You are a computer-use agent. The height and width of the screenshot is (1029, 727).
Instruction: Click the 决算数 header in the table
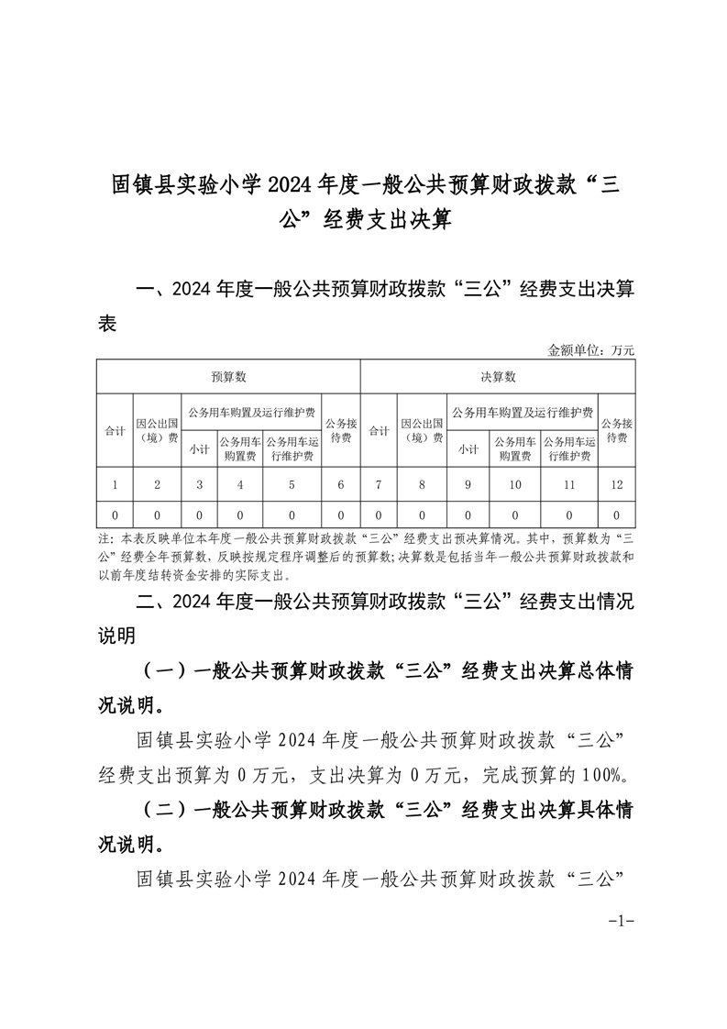click(x=498, y=376)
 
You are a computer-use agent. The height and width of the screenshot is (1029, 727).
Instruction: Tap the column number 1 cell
click(x=115, y=483)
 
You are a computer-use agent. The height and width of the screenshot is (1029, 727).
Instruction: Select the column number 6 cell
click(x=341, y=483)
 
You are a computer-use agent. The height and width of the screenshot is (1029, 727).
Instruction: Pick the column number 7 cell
click(x=379, y=483)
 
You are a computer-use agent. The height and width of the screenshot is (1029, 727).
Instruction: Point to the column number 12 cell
click(x=616, y=483)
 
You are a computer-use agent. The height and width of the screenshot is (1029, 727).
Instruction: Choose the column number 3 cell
click(x=199, y=483)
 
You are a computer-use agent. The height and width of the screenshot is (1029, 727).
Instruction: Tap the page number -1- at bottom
click(x=622, y=920)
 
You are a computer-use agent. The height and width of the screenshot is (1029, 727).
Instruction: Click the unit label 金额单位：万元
click(x=590, y=349)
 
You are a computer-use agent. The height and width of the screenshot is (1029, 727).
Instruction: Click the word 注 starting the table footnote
click(x=102, y=537)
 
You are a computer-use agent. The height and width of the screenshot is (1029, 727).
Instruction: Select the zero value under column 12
click(x=616, y=515)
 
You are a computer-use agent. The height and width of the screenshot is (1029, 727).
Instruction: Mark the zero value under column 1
click(x=115, y=515)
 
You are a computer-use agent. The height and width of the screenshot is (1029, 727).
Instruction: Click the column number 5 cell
click(x=292, y=483)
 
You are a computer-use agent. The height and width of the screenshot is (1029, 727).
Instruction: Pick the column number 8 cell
click(x=422, y=483)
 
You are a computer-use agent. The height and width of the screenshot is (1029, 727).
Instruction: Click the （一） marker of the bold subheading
click(x=165, y=669)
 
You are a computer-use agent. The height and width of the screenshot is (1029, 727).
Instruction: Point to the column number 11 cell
click(x=568, y=483)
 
